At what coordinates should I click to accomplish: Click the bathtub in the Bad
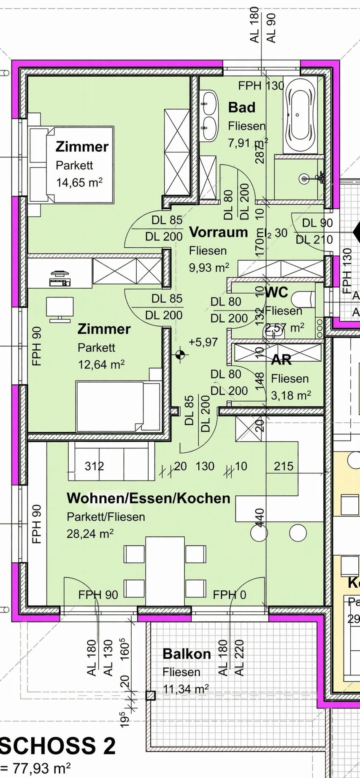click(300, 115)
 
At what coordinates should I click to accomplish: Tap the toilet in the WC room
click(305, 300)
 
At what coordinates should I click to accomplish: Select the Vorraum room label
click(218, 232)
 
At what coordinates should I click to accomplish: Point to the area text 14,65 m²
click(79, 183)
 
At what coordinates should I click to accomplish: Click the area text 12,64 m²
click(101, 364)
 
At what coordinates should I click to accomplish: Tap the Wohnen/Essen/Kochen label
click(149, 498)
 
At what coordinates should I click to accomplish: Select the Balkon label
click(187, 654)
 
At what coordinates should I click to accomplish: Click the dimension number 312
click(94, 466)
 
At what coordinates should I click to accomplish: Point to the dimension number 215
click(283, 466)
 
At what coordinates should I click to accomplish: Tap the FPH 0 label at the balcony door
click(229, 595)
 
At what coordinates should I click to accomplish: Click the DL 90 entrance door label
click(317, 223)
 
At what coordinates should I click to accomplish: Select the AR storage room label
click(281, 360)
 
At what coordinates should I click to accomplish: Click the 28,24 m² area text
click(90, 534)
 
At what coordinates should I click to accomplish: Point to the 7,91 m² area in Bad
click(248, 143)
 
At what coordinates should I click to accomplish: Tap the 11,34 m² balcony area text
click(186, 689)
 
